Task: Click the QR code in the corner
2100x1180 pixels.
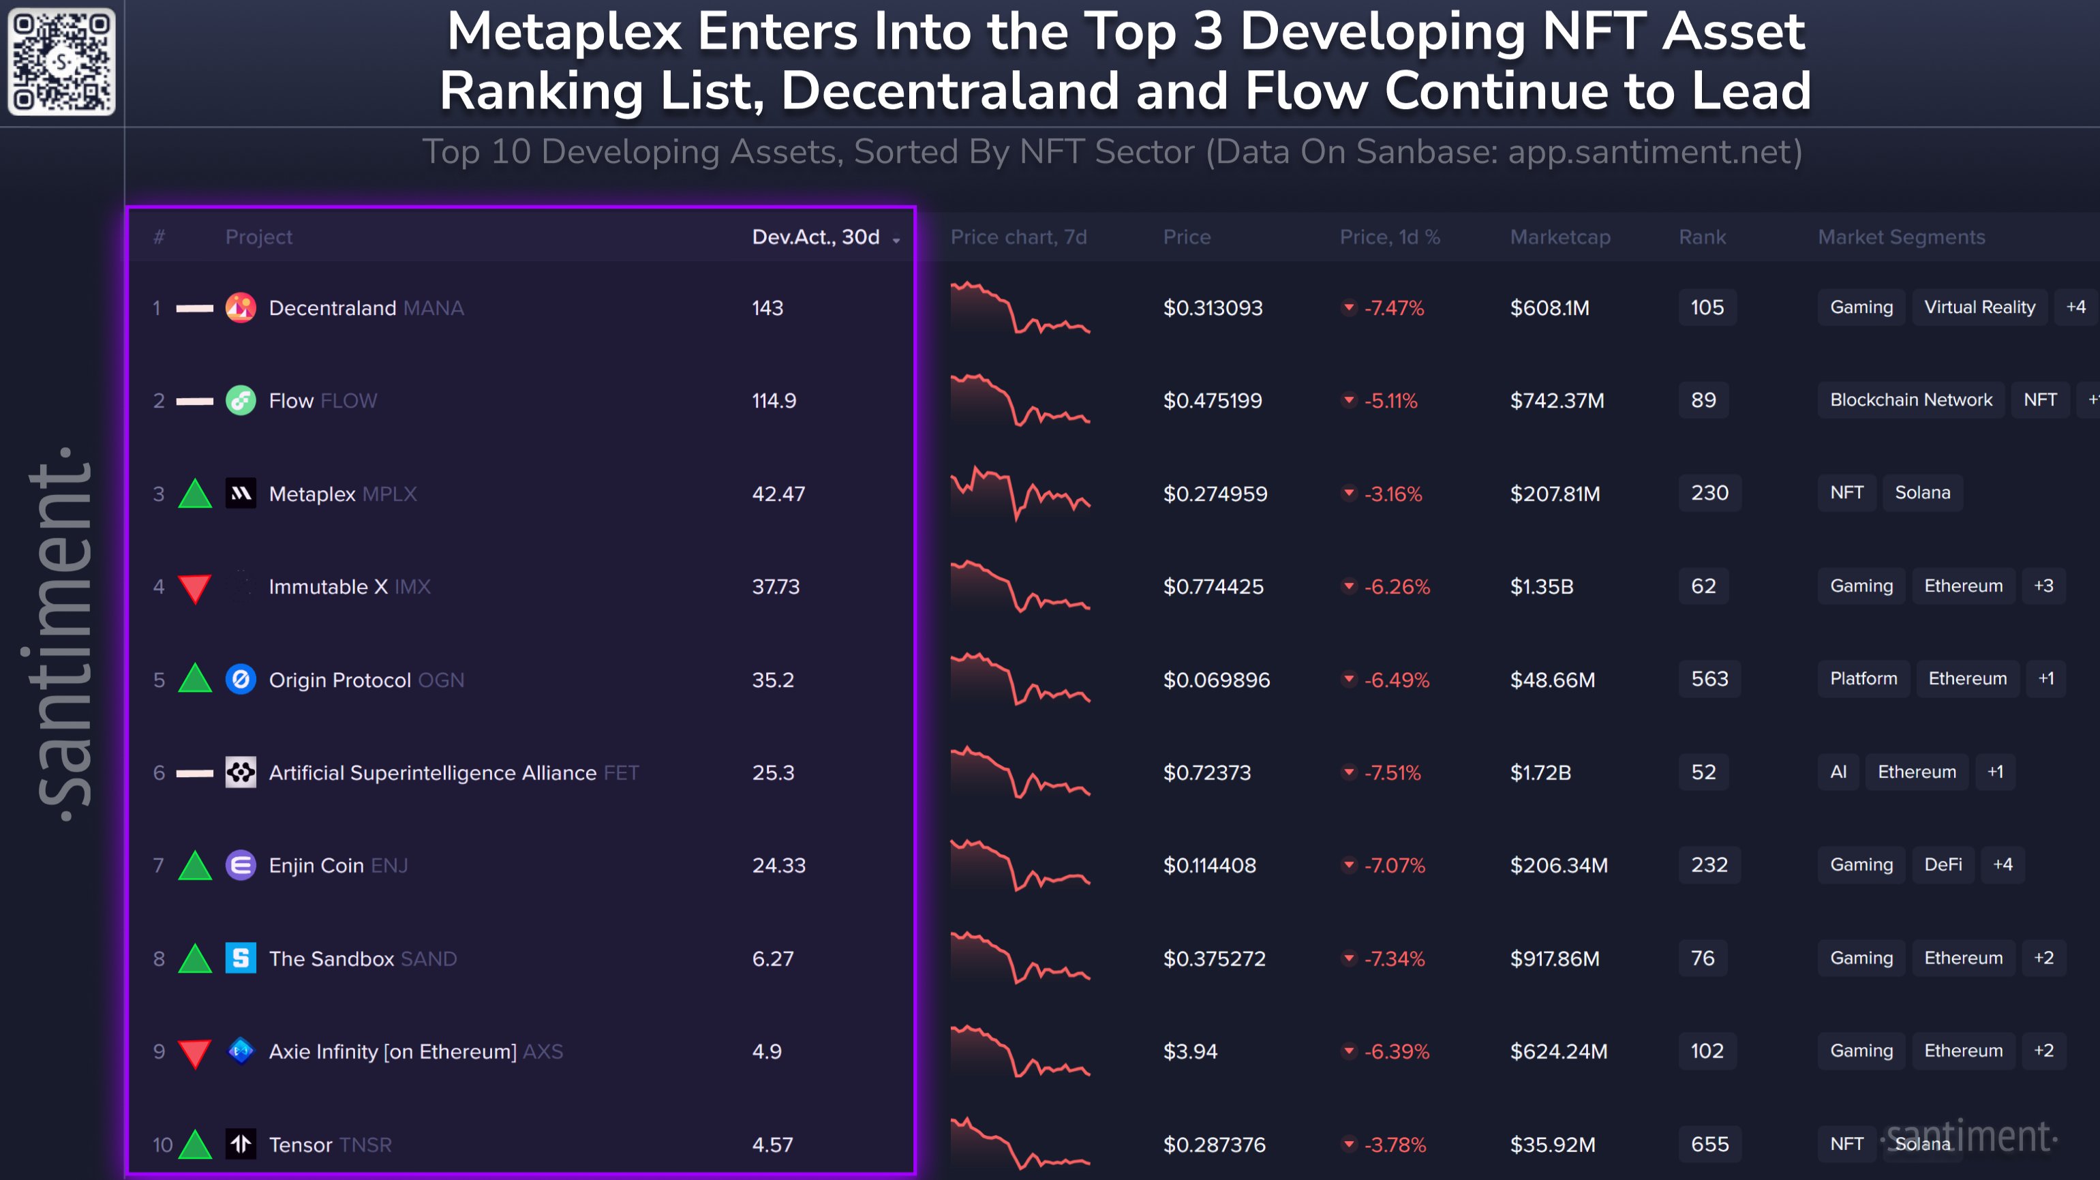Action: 61,61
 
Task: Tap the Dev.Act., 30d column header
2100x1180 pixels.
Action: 816,237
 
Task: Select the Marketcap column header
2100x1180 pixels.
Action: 1559,237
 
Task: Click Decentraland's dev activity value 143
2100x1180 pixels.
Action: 767,308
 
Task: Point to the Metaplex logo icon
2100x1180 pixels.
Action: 241,494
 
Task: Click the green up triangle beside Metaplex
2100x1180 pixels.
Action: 195,494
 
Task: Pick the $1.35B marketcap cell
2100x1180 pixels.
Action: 1541,587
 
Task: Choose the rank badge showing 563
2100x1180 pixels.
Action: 1709,679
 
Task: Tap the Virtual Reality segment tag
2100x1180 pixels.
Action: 1979,307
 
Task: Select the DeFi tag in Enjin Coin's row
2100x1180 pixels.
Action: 1943,865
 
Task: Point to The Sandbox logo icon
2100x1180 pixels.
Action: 241,958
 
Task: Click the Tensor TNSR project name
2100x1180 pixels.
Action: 330,1145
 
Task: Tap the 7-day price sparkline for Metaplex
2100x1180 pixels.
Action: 1019,494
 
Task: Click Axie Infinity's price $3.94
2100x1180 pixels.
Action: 1189,1052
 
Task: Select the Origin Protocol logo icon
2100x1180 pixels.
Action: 241,679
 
